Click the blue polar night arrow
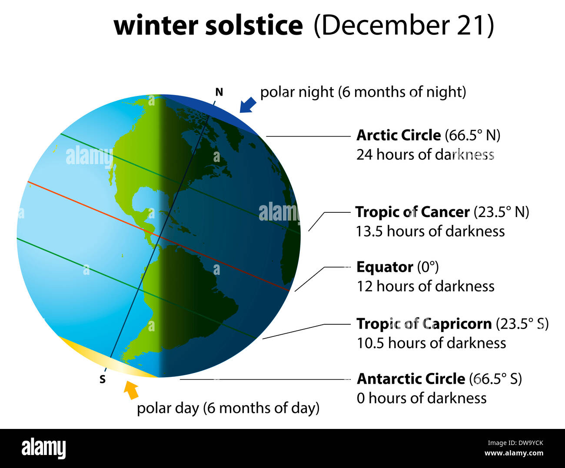pyautogui.click(x=248, y=105)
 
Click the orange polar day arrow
pyautogui.click(x=131, y=389)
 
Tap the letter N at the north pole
pyautogui.click(x=219, y=92)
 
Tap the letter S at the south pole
pyautogui.click(x=103, y=379)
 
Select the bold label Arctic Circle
pyautogui.click(x=399, y=135)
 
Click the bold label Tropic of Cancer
pyautogui.click(x=412, y=212)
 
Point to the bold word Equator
pyautogui.click(x=385, y=267)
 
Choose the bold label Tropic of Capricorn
pyautogui.click(x=424, y=324)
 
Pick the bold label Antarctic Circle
pyautogui.click(x=411, y=379)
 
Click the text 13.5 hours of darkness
pyautogui.click(x=430, y=231)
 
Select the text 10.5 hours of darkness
pyautogui.click(x=431, y=343)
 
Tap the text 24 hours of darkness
pyautogui.click(x=425, y=155)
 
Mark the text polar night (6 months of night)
pyautogui.click(x=363, y=92)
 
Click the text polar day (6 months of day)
pyautogui.click(x=228, y=408)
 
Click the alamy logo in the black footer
pyautogui.click(x=43, y=448)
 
